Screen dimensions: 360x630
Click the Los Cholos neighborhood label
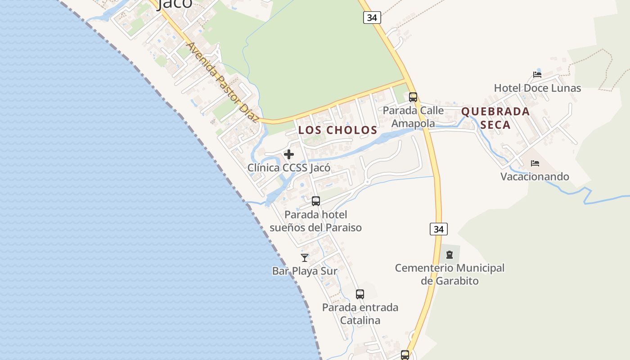coord(338,130)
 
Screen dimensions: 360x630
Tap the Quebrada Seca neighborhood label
coord(495,118)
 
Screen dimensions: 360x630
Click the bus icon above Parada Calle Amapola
coord(413,97)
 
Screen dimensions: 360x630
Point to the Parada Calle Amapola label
coord(413,117)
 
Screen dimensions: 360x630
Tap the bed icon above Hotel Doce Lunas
coord(537,75)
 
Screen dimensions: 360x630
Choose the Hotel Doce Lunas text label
coord(537,88)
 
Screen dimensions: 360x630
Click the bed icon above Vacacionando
coord(535,163)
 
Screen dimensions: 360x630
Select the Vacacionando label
coord(535,176)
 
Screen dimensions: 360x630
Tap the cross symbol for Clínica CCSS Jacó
coord(289,155)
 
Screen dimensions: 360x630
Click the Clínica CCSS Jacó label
coord(289,168)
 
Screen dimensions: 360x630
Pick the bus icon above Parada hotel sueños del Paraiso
coord(316,201)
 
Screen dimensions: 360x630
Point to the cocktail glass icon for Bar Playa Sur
coord(305,258)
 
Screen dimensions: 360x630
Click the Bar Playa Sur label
coord(305,271)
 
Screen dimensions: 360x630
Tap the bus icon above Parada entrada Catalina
coord(360,294)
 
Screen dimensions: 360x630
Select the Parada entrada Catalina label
coord(360,314)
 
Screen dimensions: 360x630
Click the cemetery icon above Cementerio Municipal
coord(449,255)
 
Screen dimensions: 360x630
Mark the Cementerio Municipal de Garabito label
coord(450,274)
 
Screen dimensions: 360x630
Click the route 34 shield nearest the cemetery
coord(438,229)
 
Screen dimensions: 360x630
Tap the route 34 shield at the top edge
coord(372,18)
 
